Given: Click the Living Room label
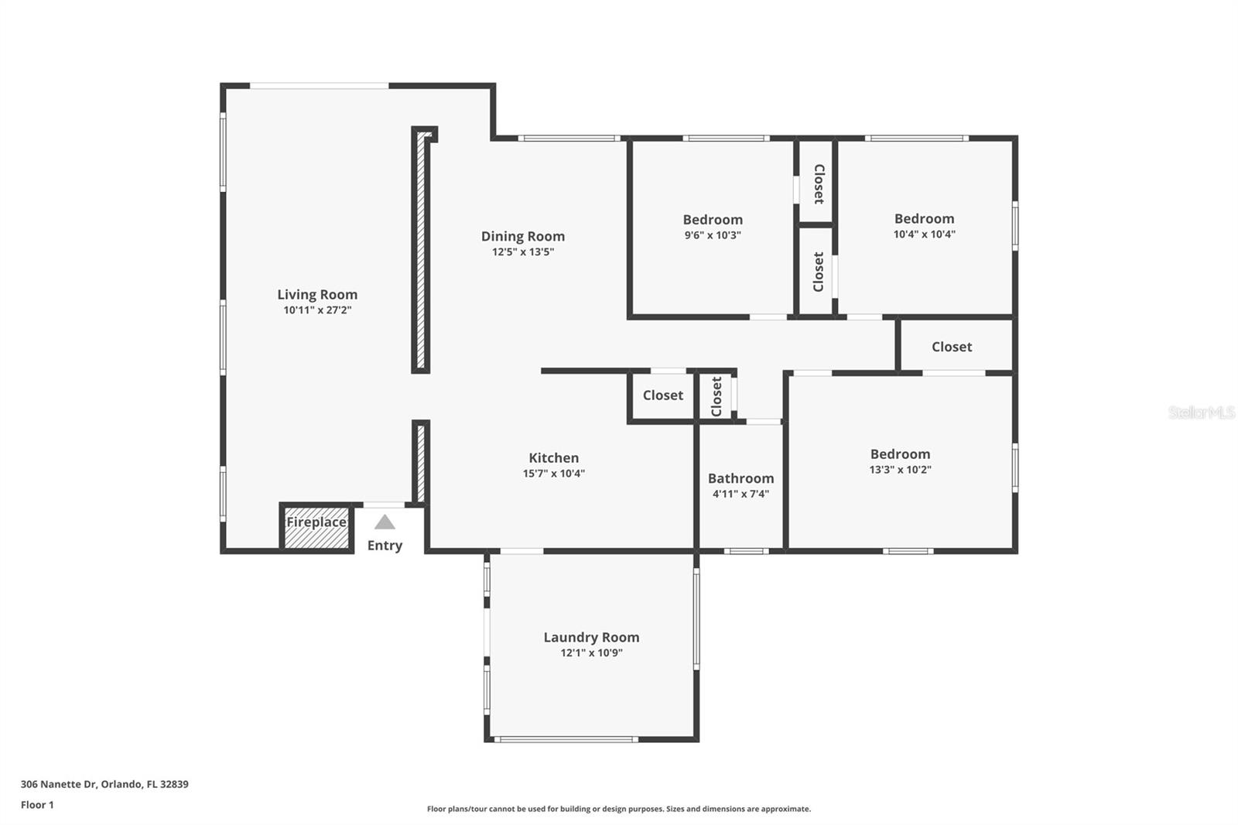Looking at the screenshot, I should click(x=317, y=294).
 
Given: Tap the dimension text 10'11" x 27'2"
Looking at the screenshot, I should click(x=317, y=310).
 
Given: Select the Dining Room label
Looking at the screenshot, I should click(x=523, y=236).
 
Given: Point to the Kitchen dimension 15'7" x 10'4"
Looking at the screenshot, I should click(x=553, y=474).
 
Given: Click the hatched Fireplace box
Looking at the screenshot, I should click(x=316, y=528).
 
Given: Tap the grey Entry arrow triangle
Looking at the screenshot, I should click(x=385, y=522).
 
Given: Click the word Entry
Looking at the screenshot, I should click(x=385, y=546).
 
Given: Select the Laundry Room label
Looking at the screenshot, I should click(x=591, y=637).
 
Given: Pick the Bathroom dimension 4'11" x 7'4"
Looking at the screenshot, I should click(x=740, y=494).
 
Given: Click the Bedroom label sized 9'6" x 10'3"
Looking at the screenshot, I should click(x=713, y=220).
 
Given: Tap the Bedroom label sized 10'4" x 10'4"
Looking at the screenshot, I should click(x=924, y=219).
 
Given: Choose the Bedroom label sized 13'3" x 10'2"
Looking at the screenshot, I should click(x=900, y=454).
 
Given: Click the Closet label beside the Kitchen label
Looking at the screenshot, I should click(x=663, y=395).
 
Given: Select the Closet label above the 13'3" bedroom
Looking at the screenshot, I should click(x=952, y=347).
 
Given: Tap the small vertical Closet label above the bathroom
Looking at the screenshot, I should click(x=716, y=396).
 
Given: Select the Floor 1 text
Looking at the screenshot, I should click(x=37, y=805).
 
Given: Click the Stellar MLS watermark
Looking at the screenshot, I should click(x=1201, y=412).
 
